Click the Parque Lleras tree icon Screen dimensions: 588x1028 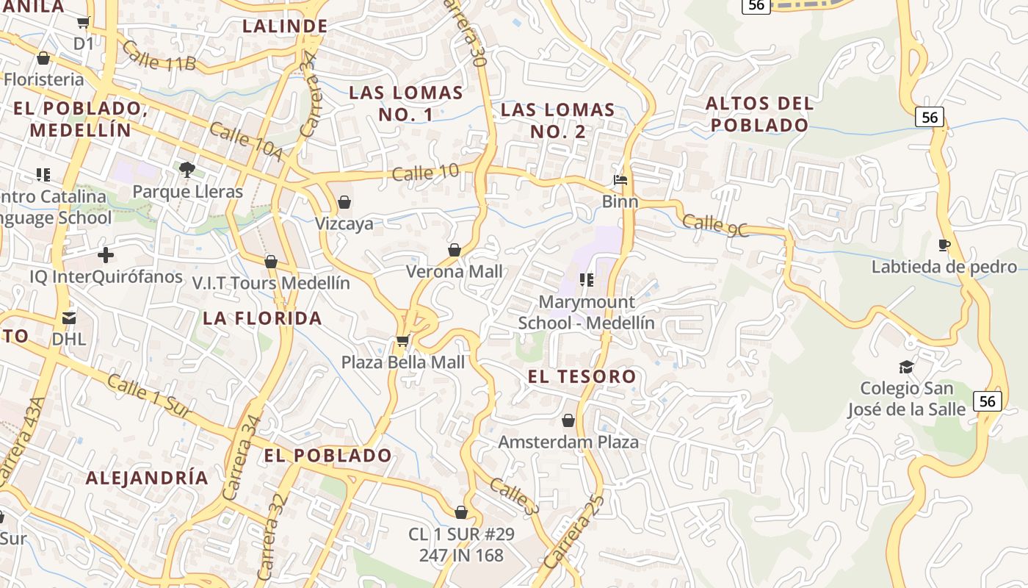(x=187, y=170)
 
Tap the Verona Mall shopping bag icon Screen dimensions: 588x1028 (x=455, y=250)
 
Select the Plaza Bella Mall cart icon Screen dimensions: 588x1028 (x=402, y=340)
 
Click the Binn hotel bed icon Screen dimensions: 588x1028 (x=620, y=179)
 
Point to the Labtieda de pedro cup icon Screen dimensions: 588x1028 (x=944, y=245)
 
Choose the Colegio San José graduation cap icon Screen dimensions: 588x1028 (x=906, y=366)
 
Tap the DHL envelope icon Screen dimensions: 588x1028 (x=69, y=318)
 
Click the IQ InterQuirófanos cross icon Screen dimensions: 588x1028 (x=106, y=255)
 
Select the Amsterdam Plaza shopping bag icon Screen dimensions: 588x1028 (x=568, y=420)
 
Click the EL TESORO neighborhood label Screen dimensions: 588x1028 (x=582, y=377)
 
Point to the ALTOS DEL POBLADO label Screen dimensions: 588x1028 (x=760, y=114)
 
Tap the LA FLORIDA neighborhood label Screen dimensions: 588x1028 (x=263, y=318)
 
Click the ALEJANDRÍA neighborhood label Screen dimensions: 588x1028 (x=147, y=478)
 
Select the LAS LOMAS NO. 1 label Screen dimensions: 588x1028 (x=406, y=104)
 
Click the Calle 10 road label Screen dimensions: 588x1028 (x=425, y=173)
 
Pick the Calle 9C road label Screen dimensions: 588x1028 (x=715, y=225)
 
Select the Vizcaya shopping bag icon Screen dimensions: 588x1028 (x=344, y=202)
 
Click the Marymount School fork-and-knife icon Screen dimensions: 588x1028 (x=586, y=279)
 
